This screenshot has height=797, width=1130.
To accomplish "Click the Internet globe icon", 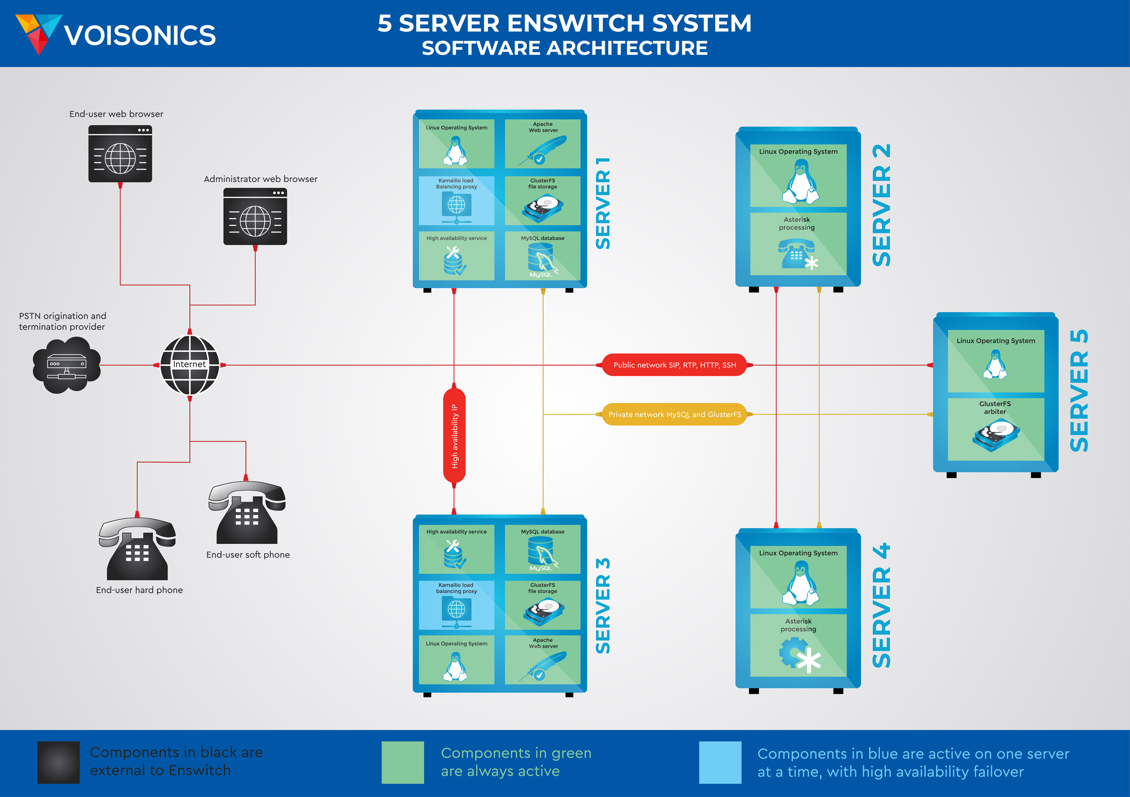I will click(190, 365).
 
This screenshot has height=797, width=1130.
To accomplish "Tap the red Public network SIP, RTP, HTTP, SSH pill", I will click(674, 365).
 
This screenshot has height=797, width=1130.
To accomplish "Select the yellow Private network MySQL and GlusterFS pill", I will click(674, 415).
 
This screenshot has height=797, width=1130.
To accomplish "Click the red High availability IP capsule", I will click(454, 436).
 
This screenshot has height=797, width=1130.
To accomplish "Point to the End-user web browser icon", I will click(120, 154).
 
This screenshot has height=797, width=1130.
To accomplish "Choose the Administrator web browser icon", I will click(255, 217).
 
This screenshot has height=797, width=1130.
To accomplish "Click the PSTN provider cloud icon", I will click(66, 365).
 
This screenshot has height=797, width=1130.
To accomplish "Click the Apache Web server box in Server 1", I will click(542, 144).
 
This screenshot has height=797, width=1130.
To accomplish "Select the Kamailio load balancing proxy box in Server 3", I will click(456, 605).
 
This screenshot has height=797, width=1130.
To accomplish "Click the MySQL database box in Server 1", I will click(542, 256).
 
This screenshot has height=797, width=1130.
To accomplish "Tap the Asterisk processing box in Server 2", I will click(798, 244).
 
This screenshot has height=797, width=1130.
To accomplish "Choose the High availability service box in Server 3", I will click(456, 549).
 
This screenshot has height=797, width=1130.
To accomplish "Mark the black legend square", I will click(58, 762).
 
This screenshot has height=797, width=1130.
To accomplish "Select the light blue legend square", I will click(720, 762).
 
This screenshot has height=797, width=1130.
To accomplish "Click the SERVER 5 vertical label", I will click(1079, 391).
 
